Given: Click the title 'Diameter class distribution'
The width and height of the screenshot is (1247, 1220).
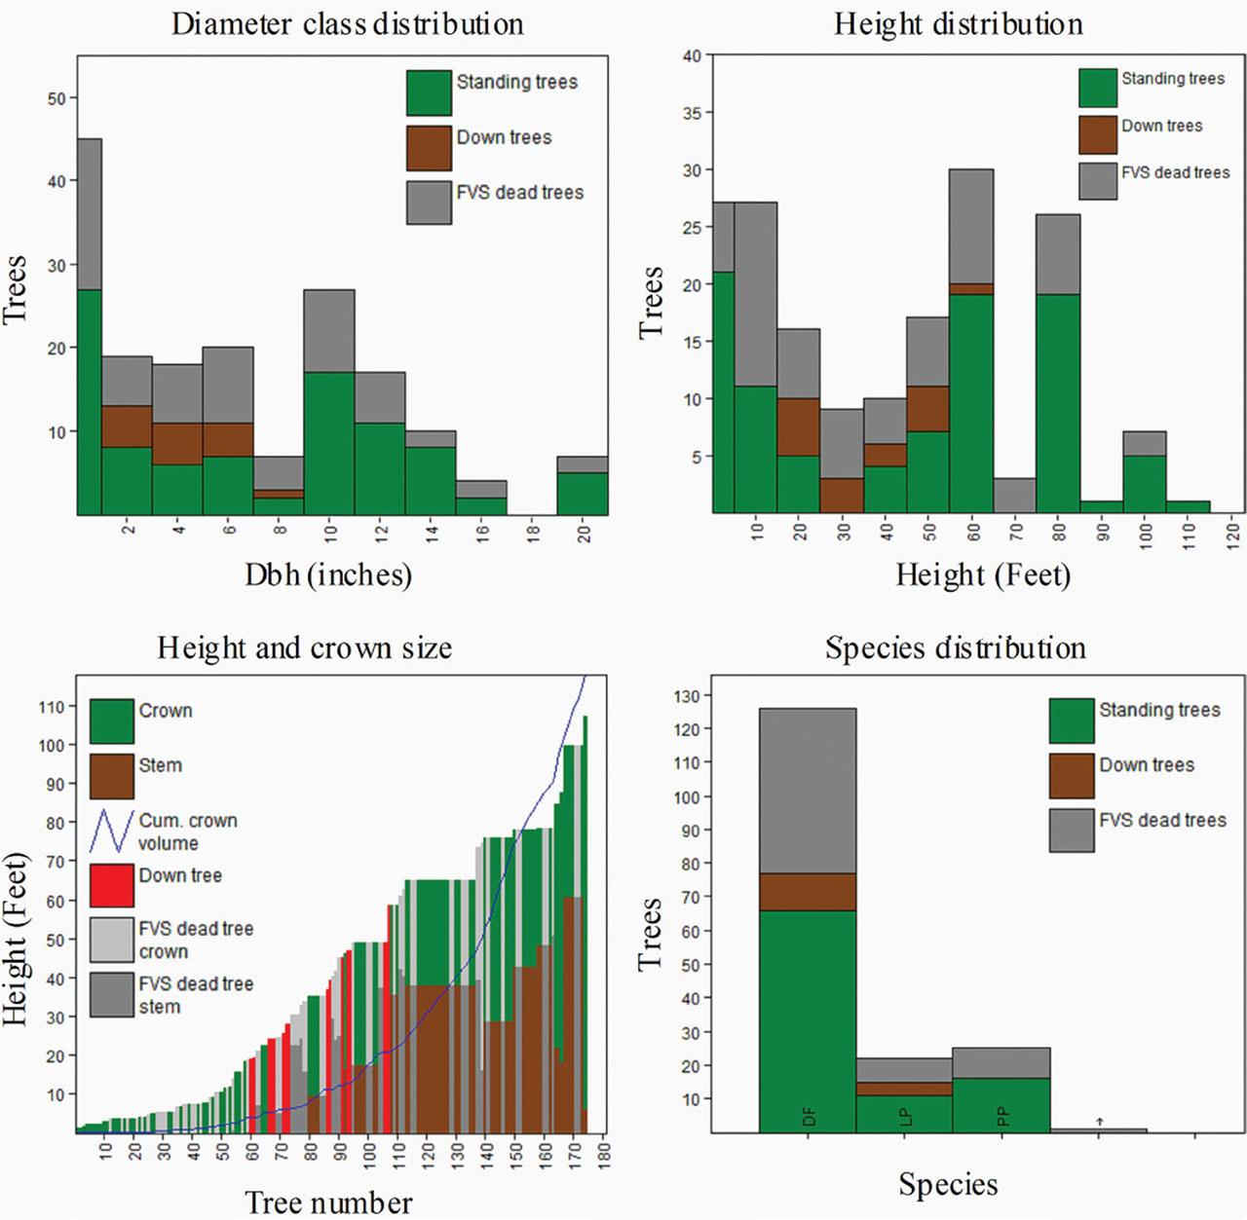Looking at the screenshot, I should (x=347, y=24).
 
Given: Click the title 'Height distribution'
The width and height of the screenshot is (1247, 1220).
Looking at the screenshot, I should (x=958, y=24).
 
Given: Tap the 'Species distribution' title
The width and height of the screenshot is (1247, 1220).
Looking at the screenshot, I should (x=955, y=648).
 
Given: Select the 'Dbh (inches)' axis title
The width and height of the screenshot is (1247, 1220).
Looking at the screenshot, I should (x=328, y=574).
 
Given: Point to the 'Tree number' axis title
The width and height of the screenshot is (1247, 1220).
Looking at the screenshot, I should (x=328, y=1202).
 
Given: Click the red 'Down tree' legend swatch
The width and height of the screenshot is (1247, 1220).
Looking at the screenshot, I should (x=111, y=885).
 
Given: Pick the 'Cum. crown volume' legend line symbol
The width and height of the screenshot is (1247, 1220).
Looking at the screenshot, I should (x=111, y=831).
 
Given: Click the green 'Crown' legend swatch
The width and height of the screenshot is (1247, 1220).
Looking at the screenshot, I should (x=111, y=721).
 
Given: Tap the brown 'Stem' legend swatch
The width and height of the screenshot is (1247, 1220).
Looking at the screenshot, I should (x=111, y=776).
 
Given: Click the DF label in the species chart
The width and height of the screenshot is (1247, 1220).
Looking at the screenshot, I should (x=809, y=1118).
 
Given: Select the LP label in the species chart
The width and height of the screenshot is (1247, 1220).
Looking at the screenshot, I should (x=906, y=1118).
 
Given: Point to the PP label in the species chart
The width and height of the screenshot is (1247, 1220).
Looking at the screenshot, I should (x=1003, y=1118).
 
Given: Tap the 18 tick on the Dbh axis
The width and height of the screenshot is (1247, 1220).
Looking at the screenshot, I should (x=533, y=533).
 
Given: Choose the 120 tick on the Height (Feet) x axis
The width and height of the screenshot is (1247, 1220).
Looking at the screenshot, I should (x=1232, y=533).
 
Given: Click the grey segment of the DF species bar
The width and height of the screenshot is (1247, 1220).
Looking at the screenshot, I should (x=807, y=790).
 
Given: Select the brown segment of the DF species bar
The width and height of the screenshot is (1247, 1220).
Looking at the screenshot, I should (x=807, y=891).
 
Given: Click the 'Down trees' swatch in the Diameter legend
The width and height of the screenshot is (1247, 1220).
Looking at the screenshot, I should (x=429, y=147).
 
